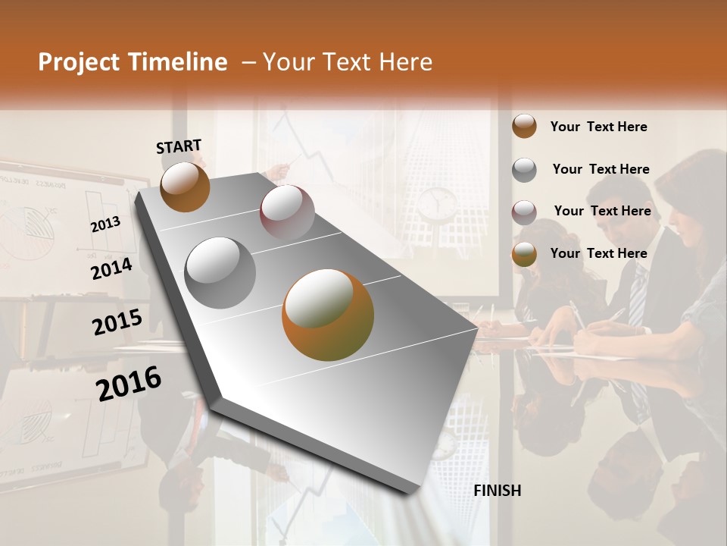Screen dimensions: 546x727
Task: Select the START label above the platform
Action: coord(179,146)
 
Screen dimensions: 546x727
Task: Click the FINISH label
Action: coord(497,491)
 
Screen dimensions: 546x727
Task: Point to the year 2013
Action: coord(105,224)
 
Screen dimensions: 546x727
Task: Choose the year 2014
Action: coord(111,269)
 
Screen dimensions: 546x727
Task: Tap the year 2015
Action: coord(117,322)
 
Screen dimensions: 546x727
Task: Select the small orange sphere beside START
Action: coord(185,187)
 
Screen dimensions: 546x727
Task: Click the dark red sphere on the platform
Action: coord(287,212)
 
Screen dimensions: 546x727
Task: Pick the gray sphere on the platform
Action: coord(220,273)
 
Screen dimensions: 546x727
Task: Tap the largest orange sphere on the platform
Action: coord(327,315)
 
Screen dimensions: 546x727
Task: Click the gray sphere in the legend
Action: coord(524,170)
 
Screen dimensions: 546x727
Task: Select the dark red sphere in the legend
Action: coord(524,212)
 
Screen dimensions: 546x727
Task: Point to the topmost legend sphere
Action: coord(524,127)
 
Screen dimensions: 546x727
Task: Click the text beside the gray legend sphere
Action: coord(601,169)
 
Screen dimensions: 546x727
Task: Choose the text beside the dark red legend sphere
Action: coord(602,211)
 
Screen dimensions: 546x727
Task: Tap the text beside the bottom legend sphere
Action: coord(598,253)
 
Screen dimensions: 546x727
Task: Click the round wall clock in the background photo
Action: coord(438,202)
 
